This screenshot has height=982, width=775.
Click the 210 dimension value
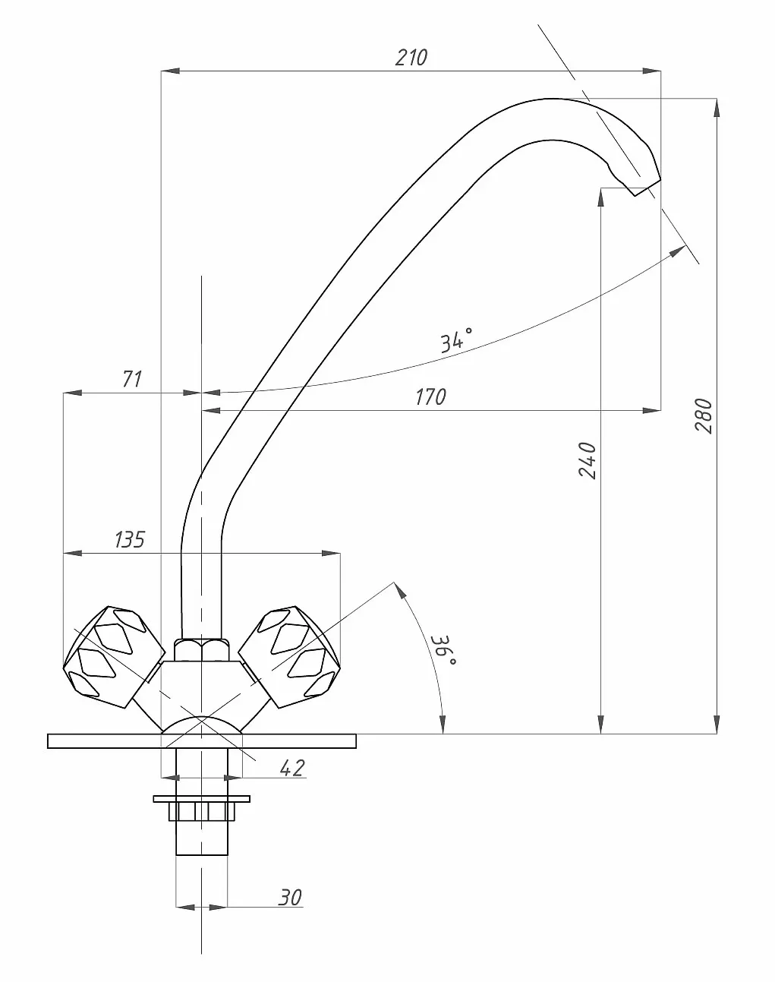click(411, 58)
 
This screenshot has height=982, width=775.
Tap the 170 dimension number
click(430, 396)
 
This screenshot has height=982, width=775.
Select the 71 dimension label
click(132, 379)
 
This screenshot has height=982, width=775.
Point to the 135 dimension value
click(130, 539)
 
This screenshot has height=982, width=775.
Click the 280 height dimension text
click(703, 415)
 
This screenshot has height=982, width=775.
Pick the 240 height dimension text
click(587, 460)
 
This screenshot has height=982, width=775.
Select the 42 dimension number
click(292, 768)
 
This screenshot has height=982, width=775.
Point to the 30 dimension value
click(290, 898)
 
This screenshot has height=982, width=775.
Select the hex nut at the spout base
click(201, 650)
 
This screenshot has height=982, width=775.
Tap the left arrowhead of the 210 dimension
click(170, 71)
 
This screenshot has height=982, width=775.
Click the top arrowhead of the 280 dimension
click(717, 108)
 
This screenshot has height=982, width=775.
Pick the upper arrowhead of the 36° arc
click(399, 590)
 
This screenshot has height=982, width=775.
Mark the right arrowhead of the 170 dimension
click(651, 410)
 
